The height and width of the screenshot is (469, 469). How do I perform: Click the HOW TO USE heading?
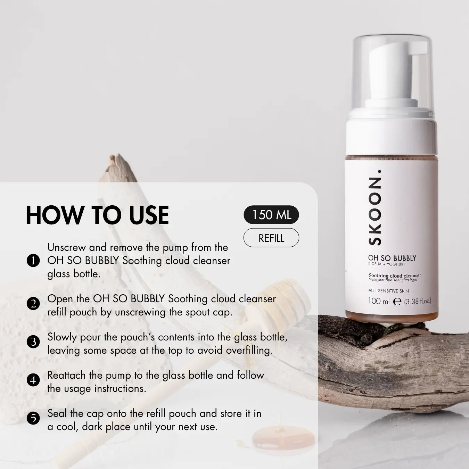(97, 215)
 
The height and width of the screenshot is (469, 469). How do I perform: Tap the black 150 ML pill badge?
(271, 215)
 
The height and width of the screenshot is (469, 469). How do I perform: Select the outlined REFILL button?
(271, 238)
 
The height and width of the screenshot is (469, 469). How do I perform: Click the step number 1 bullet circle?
(33, 261)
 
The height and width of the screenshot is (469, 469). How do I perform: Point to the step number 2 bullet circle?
(33, 304)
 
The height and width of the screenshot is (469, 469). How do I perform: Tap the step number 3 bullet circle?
(33, 342)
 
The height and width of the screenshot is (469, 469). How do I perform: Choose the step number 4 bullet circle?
(33, 380)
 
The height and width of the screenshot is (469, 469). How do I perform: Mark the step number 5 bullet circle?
(33, 418)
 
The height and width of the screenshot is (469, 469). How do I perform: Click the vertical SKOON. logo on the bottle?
(375, 208)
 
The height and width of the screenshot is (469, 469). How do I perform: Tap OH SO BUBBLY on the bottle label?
(392, 258)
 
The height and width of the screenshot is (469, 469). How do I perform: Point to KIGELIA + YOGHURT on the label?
(387, 264)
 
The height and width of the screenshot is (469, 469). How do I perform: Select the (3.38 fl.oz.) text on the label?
(417, 302)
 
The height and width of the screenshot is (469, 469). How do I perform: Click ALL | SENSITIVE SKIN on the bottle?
(389, 290)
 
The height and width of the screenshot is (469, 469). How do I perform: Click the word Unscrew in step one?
(66, 247)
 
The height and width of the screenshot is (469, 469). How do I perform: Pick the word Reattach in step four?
(67, 375)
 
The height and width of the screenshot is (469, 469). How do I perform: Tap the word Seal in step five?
(57, 413)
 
